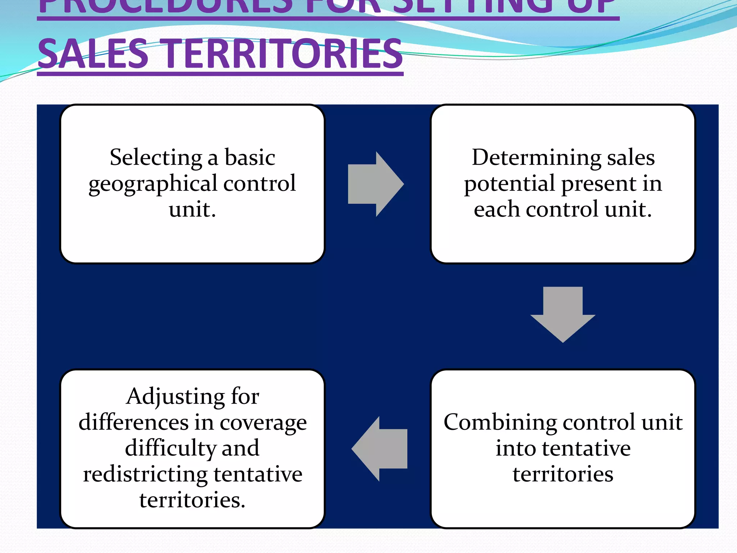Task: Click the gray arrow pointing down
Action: [x=563, y=313]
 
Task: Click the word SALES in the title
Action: [x=93, y=54]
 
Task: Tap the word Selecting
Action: [x=156, y=158]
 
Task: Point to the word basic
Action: [x=250, y=158]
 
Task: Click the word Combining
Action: [x=500, y=422]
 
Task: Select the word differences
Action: [x=134, y=422]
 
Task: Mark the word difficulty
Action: [x=170, y=449]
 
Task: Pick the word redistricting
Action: [x=145, y=475]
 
